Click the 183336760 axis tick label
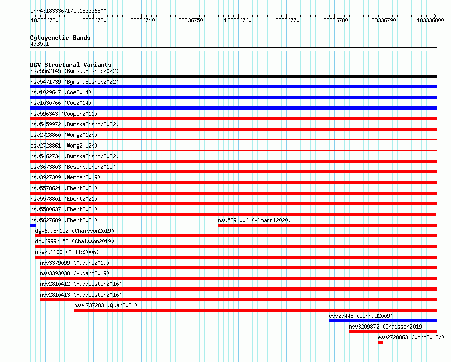pos(238,20)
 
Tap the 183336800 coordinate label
pos(430,20)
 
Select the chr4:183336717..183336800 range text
pos(68,11)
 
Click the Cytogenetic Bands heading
pos(60,38)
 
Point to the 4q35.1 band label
pos(40,44)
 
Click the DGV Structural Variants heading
pos(71,65)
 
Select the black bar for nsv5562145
pos(233,76)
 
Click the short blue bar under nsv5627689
pos(33,225)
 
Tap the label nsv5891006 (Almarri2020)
pos(254,220)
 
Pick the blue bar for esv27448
pos(383,321)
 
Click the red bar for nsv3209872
pos(393,332)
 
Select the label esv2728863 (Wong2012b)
pos(411,337)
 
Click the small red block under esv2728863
pos(381,342)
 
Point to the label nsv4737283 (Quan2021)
pos(105,305)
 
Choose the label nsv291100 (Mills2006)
pos(67,252)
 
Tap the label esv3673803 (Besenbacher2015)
pos(73,167)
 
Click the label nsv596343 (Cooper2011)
pos(64,114)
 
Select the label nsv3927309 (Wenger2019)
pos(65,177)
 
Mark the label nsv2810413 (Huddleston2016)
pos(81,295)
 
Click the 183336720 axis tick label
pos(45,20)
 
